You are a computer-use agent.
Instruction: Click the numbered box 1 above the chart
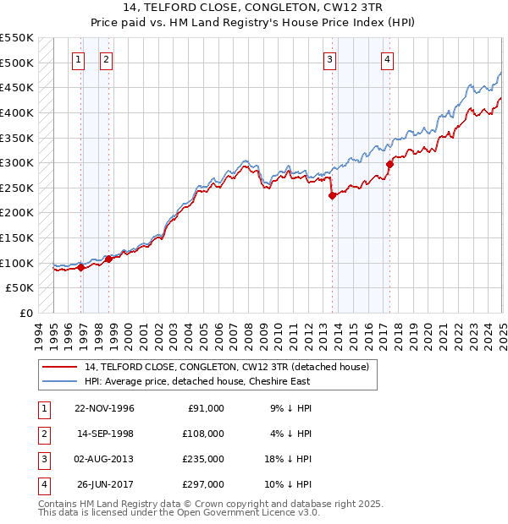(78, 59)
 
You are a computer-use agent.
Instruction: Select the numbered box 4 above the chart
(387, 59)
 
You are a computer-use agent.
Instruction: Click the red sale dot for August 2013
(333, 195)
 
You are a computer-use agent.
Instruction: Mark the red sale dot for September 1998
(108, 259)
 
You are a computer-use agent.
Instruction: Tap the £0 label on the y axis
(25, 313)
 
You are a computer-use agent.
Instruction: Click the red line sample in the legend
(60, 368)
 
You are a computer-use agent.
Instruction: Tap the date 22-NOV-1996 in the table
(105, 407)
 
